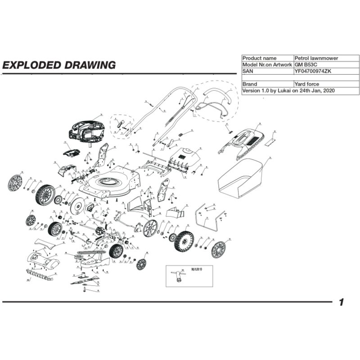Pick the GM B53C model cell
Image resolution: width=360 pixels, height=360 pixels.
pyautogui.click(x=306, y=65)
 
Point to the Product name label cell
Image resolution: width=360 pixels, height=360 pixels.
pyautogui.click(x=260, y=58)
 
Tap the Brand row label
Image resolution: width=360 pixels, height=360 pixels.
pyautogui.click(x=250, y=84)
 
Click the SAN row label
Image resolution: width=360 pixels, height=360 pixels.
pyautogui.click(x=248, y=71)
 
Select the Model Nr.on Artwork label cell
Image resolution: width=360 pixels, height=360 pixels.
pyautogui.click(x=267, y=65)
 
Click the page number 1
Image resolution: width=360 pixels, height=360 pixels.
pyautogui.click(x=342, y=302)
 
